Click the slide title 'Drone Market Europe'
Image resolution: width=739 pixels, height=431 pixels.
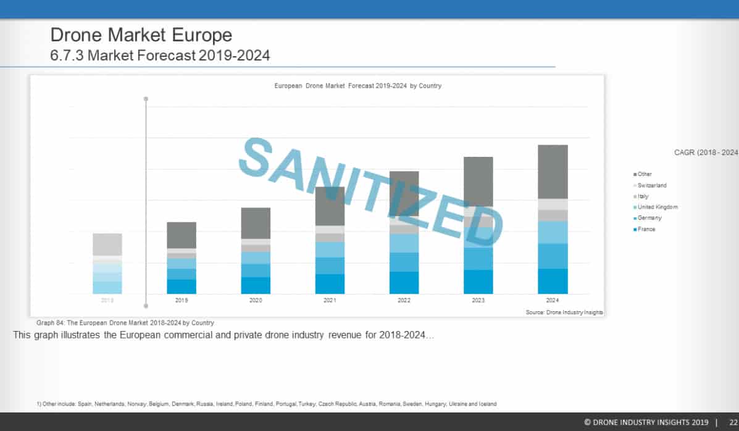pyautogui.click(x=141, y=34)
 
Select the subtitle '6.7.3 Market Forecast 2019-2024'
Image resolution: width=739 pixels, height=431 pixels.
pyautogui.click(x=160, y=56)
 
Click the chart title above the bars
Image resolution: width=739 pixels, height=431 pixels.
pyautogui.click(x=357, y=86)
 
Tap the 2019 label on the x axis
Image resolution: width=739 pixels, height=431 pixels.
pyautogui.click(x=182, y=300)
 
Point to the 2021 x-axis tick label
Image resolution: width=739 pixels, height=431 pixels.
pyautogui.click(x=330, y=300)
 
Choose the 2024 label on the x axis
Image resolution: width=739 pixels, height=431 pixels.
pyautogui.click(x=553, y=300)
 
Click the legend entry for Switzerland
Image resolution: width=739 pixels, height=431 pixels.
pyautogui.click(x=651, y=185)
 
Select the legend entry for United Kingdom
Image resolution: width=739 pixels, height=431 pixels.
pyautogui.click(x=656, y=207)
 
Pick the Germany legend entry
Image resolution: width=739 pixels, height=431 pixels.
pyautogui.click(x=649, y=218)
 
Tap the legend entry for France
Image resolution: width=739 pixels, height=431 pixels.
pyautogui.click(x=646, y=229)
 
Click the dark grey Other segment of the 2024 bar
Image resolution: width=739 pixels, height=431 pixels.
pyautogui.click(x=553, y=172)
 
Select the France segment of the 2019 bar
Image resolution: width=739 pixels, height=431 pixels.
pyautogui.click(x=182, y=287)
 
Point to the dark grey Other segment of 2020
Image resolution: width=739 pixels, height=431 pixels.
pyautogui.click(x=256, y=223)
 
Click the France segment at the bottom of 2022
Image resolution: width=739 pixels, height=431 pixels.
pyautogui.click(x=404, y=283)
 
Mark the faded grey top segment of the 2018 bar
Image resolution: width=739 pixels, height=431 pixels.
pyautogui.click(x=107, y=245)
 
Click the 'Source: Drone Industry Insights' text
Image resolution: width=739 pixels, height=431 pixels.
pyautogui.click(x=564, y=313)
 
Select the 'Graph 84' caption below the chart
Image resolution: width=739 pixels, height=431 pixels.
pyautogui.click(x=125, y=323)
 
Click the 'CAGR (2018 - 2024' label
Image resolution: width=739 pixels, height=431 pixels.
pyautogui.click(x=706, y=153)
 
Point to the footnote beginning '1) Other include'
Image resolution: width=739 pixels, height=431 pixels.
pyautogui.click(x=266, y=404)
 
